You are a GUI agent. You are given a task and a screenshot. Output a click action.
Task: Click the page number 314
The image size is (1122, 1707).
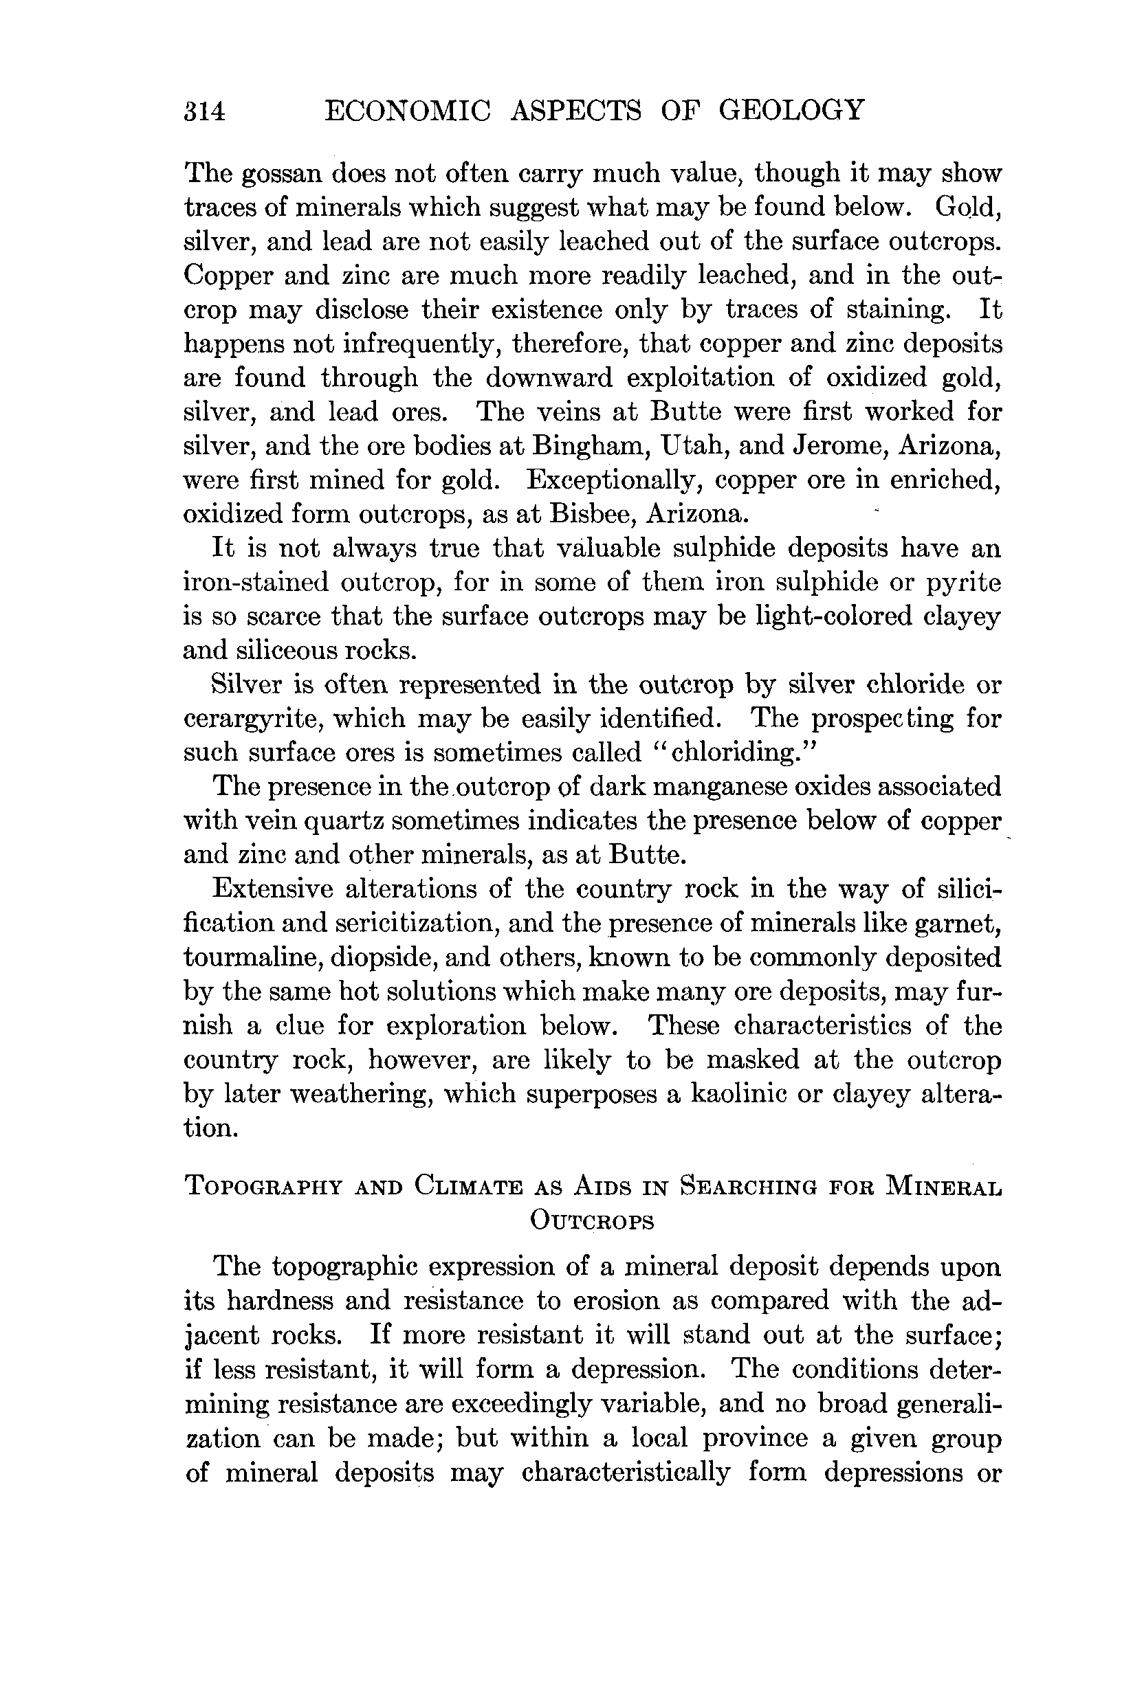click(x=205, y=112)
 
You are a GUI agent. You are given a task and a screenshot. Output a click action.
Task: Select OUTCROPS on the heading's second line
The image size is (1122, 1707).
click(x=592, y=1220)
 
